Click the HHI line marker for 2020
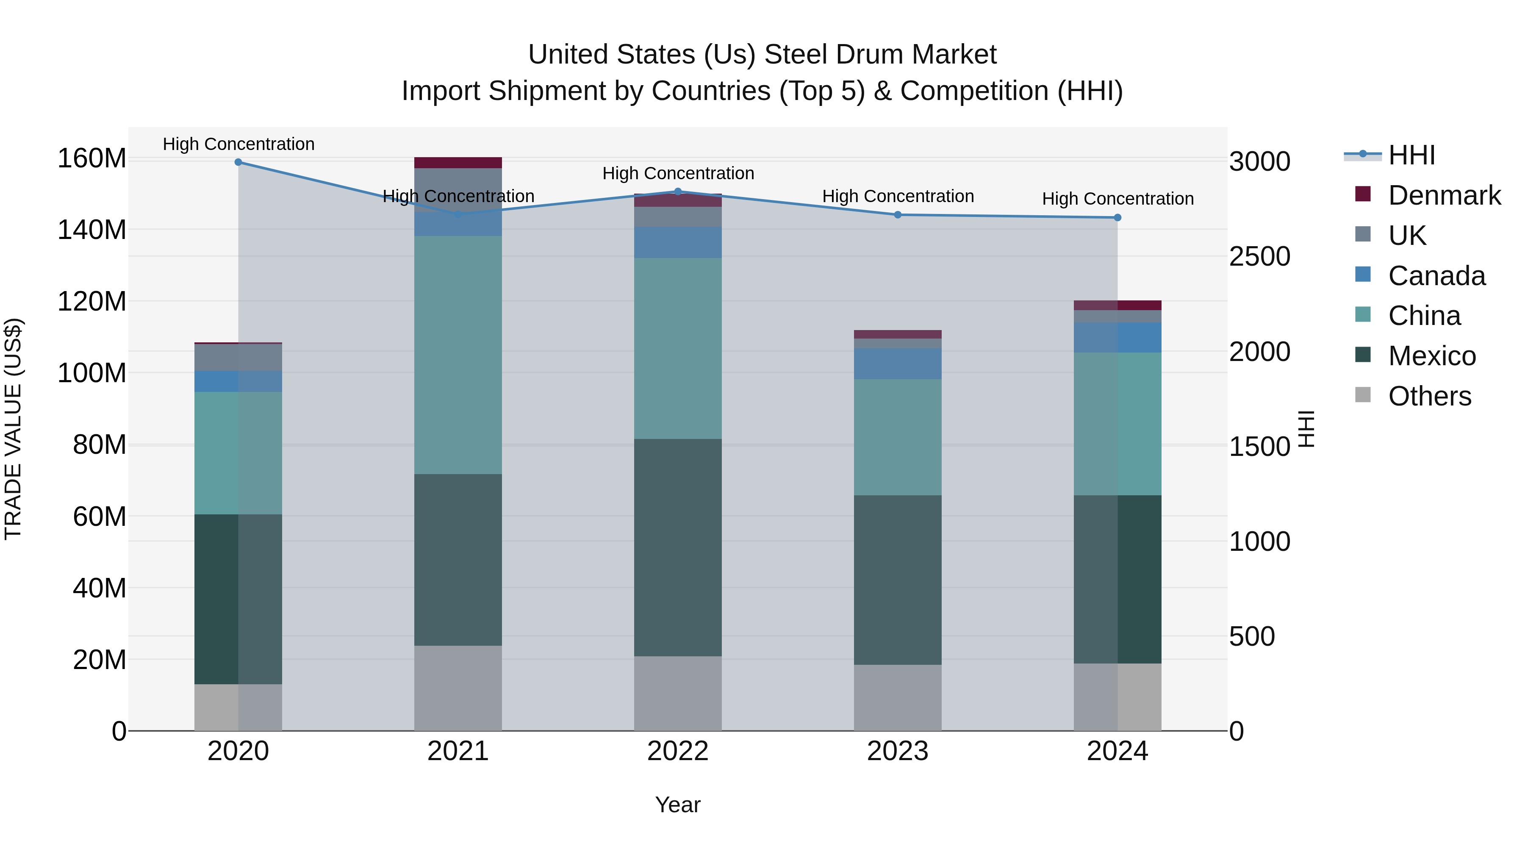(238, 162)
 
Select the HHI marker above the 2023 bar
(898, 214)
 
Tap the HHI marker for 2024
(1117, 217)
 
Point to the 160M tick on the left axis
(92, 159)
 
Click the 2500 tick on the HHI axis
(1259, 256)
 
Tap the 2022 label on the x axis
(677, 751)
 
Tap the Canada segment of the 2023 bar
(898, 364)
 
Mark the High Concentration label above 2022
(678, 173)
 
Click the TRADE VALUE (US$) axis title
(13, 429)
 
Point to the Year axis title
(677, 805)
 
